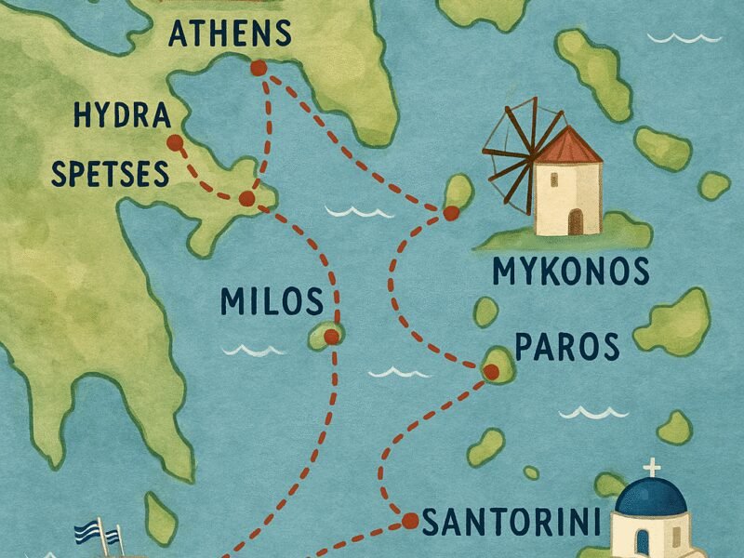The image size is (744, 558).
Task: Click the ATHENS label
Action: pyautogui.click(x=229, y=35)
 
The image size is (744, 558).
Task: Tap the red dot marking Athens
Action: pyautogui.click(x=258, y=68)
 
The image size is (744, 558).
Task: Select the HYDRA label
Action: pyautogui.click(x=122, y=117)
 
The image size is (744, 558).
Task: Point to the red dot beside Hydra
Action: pyautogui.click(x=173, y=142)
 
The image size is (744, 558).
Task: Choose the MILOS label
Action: pyautogui.click(x=272, y=301)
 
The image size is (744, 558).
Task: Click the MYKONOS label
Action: pyautogui.click(x=569, y=272)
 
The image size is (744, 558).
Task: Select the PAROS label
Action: pyautogui.click(x=565, y=346)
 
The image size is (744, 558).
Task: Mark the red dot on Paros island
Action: pyautogui.click(x=492, y=372)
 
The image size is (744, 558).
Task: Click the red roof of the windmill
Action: pyautogui.click(x=568, y=147)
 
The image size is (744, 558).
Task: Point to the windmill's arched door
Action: pyautogui.click(x=576, y=221)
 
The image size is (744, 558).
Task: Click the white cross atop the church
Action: pyautogui.click(x=652, y=467)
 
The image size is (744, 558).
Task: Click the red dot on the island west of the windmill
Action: pyautogui.click(x=451, y=213)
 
